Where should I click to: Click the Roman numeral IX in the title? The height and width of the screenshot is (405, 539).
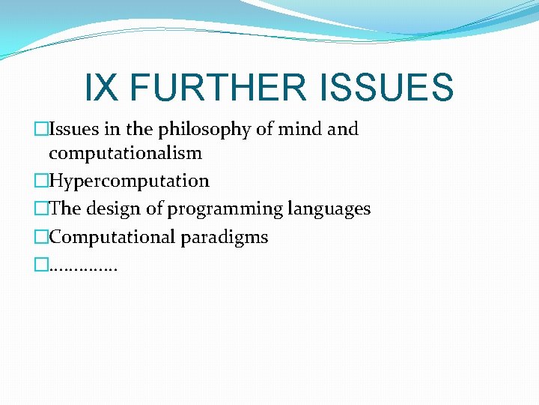(102, 88)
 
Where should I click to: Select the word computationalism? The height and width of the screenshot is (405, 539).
(125, 154)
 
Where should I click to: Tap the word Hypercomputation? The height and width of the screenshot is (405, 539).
(129, 181)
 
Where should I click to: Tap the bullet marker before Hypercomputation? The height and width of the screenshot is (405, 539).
(42, 181)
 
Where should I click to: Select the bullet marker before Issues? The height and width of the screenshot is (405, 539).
(42, 130)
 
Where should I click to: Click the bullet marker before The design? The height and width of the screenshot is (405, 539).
(42, 209)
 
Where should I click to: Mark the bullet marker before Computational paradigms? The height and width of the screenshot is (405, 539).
(42, 237)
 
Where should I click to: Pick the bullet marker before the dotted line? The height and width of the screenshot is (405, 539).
(42, 265)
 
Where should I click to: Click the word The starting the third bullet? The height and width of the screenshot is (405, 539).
(64, 209)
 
